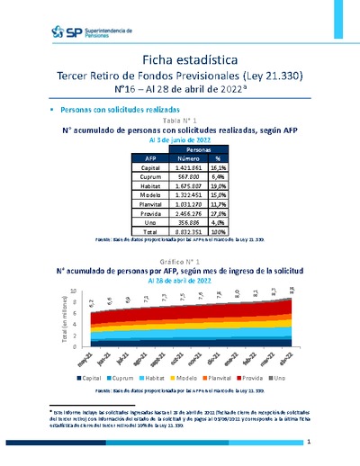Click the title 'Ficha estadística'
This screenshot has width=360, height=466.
pyautogui.click(x=179, y=59)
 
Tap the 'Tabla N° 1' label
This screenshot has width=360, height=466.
pyautogui.click(x=179, y=120)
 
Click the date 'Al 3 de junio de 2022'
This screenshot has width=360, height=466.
pyautogui.click(x=179, y=140)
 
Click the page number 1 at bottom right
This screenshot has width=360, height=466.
pyautogui.click(x=308, y=442)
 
